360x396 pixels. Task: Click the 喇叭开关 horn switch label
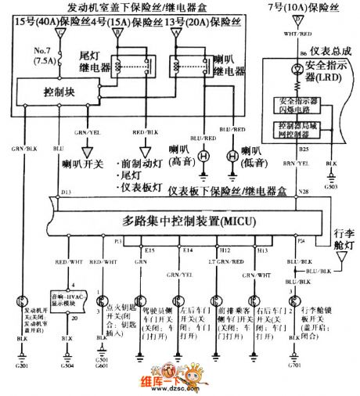(79, 167)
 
